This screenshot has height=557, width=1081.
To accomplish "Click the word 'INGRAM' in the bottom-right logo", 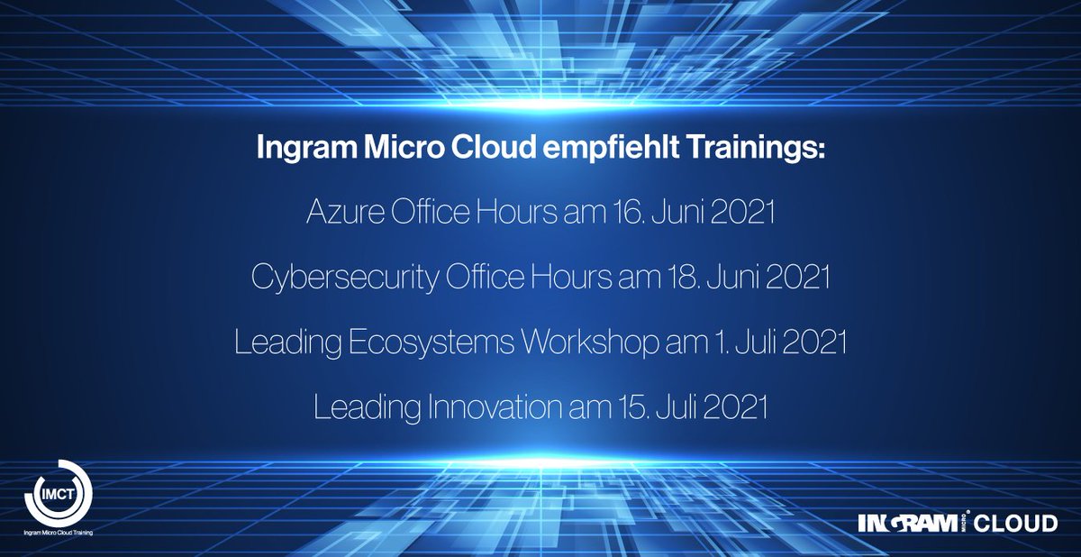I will pos(901,523).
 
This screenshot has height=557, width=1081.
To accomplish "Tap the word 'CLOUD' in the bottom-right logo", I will pos(1018,523).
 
